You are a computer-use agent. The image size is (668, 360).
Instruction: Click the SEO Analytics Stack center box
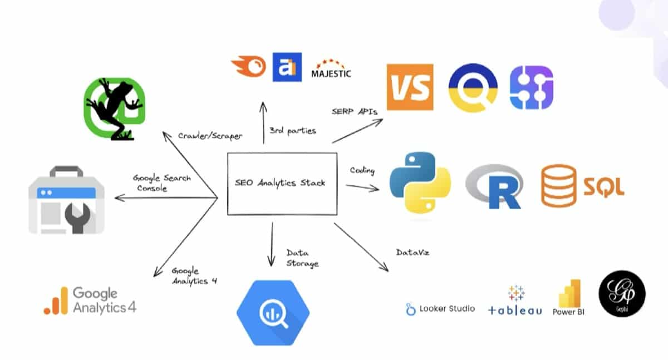click(x=282, y=184)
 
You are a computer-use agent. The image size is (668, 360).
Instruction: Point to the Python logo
click(x=412, y=183)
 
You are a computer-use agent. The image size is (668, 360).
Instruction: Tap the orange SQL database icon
click(x=558, y=185)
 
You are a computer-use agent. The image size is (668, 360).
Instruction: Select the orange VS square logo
click(x=410, y=87)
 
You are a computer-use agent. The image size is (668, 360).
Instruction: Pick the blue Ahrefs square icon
click(x=287, y=67)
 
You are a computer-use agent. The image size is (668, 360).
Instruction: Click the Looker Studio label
click(x=441, y=308)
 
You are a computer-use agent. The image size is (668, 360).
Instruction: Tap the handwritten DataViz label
click(x=412, y=253)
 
